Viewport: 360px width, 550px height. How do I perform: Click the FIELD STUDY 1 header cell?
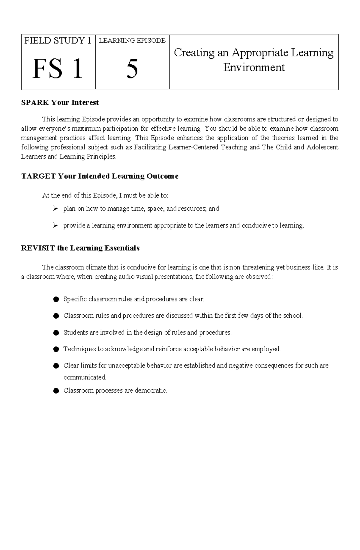pyautogui.click(x=58, y=41)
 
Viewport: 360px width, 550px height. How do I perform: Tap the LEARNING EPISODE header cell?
pyautogui.click(x=132, y=41)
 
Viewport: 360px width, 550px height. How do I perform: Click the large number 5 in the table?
pyautogui.click(x=132, y=69)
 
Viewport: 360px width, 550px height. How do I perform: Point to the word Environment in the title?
pyautogui.click(x=254, y=67)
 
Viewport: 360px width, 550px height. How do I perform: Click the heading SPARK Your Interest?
pyautogui.click(x=60, y=103)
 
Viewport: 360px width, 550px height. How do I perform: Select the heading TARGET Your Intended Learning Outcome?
pyautogui.click(x=100, y=176)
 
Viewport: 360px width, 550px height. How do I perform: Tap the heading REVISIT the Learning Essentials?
pyautogui.click(x=80, y=248)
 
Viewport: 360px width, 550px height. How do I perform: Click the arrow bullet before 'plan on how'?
pyautogui.click(x=55, y=209)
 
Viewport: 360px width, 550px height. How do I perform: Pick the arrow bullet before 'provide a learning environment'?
pyautogui.click(x=55, y=225)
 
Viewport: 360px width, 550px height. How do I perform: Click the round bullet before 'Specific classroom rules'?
pyautogui.click(x=55, y=299)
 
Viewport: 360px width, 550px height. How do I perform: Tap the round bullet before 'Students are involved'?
pyautogui.click(x=55, y=333)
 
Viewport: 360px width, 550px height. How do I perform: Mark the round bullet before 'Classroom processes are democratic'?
pyautogui.click(x=55, y=391)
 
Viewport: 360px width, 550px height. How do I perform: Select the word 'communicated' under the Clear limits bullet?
pyautogui.click(x=85, y=377)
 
